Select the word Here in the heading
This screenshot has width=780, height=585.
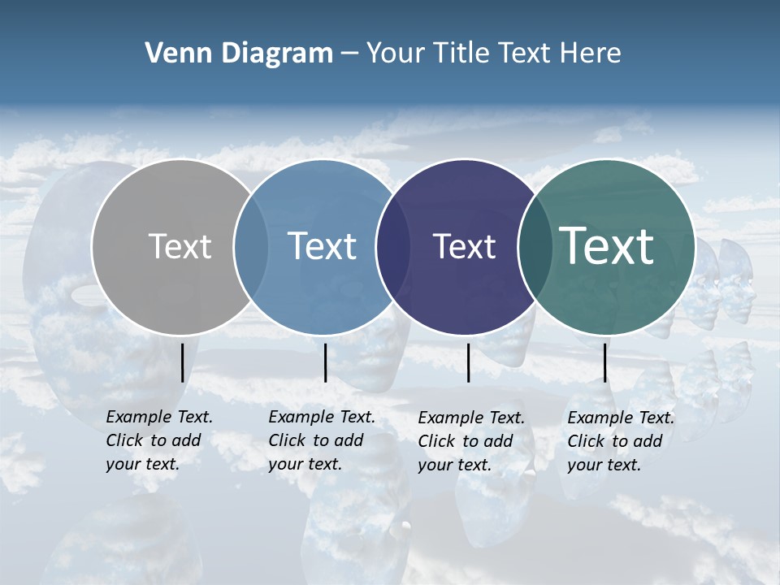(x=591, y=54)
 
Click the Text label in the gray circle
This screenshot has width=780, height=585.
(x=180, y=246)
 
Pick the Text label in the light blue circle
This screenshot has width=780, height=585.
(x=322, y=246)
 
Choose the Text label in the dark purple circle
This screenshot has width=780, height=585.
(x=464, y=246)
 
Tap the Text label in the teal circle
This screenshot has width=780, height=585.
(x=606, y=246)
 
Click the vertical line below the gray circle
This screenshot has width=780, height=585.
(x=182, y=362)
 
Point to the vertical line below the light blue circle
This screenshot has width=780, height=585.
(x=325, y=362)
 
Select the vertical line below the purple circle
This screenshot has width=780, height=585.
(x=468, y=362)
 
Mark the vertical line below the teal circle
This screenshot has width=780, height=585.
(x=604, y=362)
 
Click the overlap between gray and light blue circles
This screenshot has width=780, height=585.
(x=251, y=246)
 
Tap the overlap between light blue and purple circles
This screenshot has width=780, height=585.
(x=393, y=246)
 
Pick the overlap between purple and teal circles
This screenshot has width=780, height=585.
(x=535, y=246)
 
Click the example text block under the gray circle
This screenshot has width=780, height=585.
(x=159, y=440)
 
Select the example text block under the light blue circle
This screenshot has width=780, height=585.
(x=322, y=440)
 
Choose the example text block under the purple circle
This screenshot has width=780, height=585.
(x=471, y=441)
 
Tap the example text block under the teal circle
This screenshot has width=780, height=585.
(x=621, y=441)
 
